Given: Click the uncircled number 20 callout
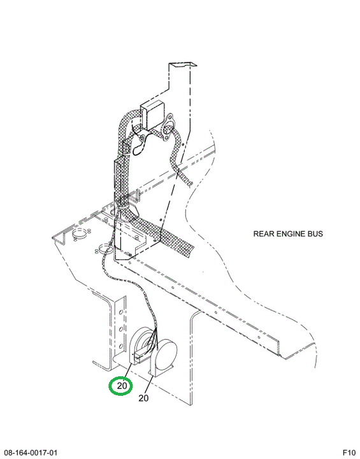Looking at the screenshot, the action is point(143,398).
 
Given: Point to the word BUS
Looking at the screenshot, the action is point(315,234).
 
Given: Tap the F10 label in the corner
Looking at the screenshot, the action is point(349,453).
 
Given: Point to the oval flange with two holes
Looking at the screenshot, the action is point(168,128).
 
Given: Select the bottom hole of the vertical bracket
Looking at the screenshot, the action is point(120,347).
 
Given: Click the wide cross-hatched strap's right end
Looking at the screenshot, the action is point(191,251).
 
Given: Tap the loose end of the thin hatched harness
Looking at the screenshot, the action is point(191,184).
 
